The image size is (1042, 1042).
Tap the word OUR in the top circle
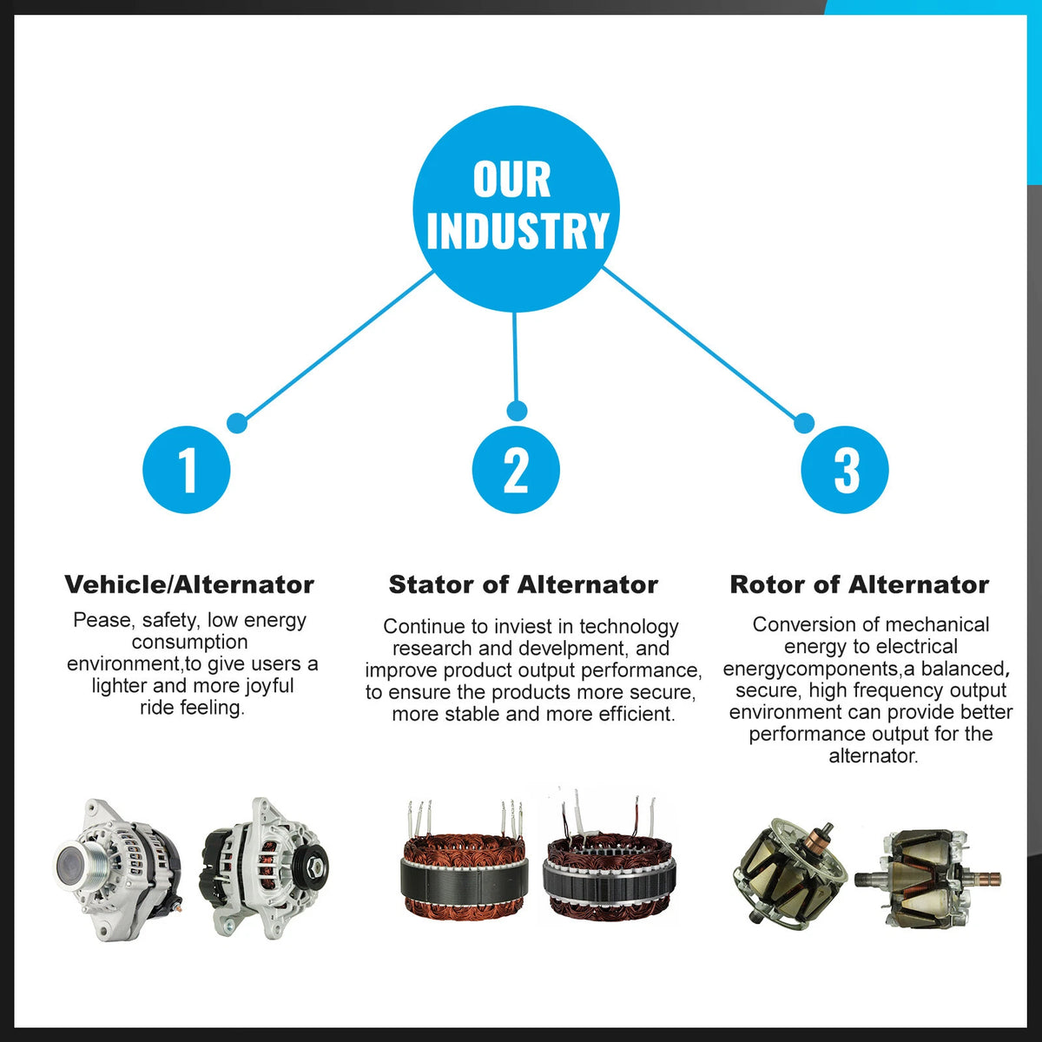(x=511, y=180)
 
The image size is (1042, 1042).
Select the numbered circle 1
(x=187, y=470)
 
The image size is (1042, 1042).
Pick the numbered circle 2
(x=516, y=470)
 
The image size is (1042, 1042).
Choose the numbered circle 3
(x=845, y=470)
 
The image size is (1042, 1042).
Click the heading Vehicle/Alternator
(x=189, y=584)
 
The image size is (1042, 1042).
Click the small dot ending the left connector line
(x=237, y=423)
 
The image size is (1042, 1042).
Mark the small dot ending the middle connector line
(x=517, y=411)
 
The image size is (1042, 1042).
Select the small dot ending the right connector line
(x=804, y=423)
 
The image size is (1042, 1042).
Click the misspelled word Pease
(x=102, y=620)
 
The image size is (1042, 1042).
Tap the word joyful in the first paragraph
(x=269, y=686)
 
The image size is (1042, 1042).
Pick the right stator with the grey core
(x=609, y=859)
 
